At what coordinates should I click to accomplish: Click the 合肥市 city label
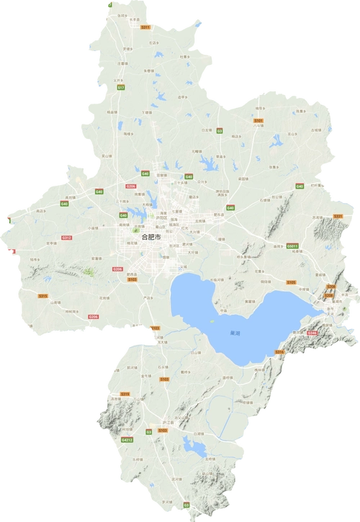coord(151,235)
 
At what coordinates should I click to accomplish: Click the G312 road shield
coord(66,237)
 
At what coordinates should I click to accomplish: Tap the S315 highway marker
coord(42,296)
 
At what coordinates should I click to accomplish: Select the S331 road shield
coord(338,216)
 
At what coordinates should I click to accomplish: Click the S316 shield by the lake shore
coord(280,351)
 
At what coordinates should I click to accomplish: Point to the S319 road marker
coord(125,394)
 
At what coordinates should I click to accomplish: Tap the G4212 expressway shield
coord(127,439)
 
